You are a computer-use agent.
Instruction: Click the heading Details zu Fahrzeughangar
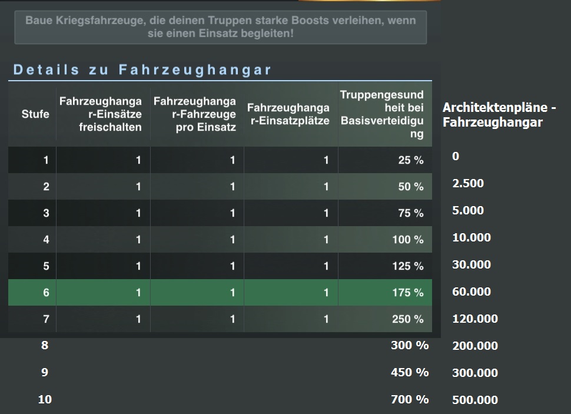coord(142,70)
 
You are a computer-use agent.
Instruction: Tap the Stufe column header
coord(35,114)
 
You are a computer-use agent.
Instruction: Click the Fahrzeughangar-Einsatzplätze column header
coord(288,114)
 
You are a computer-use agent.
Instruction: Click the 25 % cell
coord(410,160)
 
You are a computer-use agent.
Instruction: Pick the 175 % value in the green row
coord(408,293)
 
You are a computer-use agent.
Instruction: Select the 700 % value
coord(410,399)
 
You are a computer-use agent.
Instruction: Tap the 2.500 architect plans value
coord(468,183)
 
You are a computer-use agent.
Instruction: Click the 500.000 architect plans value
coord(474,400)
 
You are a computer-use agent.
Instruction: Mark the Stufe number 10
coord(45,399)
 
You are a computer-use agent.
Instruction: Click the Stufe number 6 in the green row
coord(46,293)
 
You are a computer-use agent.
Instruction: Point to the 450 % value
coord(410,372)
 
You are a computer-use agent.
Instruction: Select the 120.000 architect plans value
coord(474,319)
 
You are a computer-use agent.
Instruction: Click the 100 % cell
coord(408,240)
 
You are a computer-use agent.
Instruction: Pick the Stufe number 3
coord(46,213)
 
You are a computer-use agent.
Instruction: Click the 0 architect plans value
coord(456,156)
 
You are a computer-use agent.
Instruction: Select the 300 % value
coord(410,346)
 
